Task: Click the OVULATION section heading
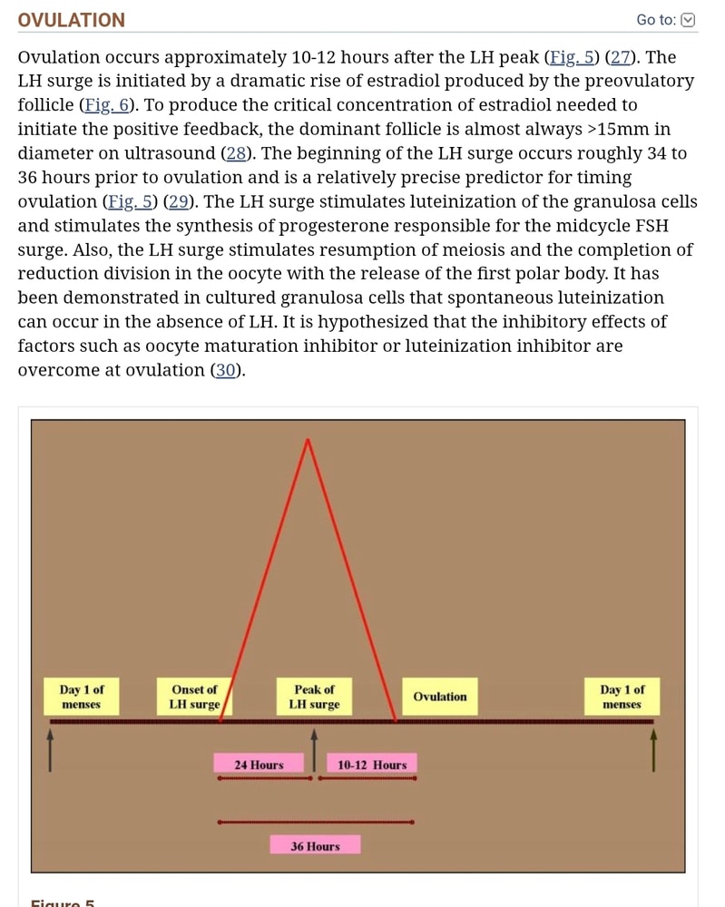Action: [71, 20]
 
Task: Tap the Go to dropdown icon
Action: [688, 20]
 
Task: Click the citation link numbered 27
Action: [621, 57]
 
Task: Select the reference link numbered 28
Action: [236, 153]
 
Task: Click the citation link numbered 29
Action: [179, 202]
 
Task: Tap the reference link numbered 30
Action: [226, 370]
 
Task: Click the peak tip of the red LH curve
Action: [308, 440]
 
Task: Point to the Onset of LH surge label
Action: [194, 697]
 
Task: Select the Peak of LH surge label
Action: [314, 697]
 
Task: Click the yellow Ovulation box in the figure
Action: [440, 697]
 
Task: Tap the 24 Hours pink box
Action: [259, 764]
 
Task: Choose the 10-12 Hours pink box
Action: [372, 764]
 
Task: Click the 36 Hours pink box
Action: [316, 845]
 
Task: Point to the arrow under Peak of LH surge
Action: [314, 750]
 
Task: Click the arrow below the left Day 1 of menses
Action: [50, 750]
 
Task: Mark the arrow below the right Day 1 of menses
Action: [654, 750]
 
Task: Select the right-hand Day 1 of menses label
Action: [622, 697]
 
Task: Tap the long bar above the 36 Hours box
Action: [316, 822]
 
